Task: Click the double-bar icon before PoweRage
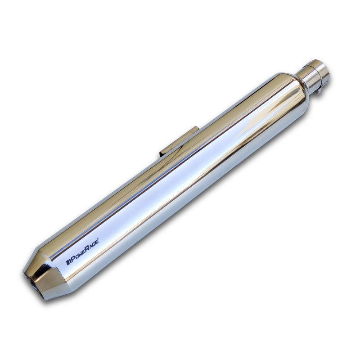click(x=68, y=261)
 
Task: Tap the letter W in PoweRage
click(x=80, y=255)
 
